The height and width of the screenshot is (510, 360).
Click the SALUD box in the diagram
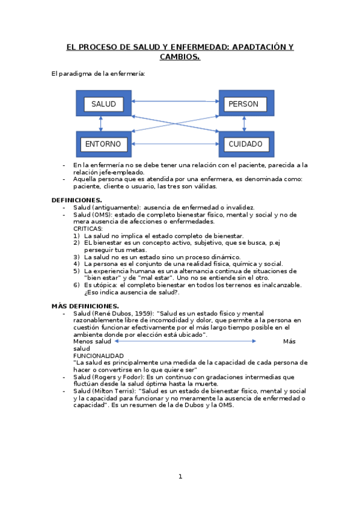103,104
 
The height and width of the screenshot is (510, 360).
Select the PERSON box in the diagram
243,104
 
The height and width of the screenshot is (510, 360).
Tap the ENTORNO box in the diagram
103,144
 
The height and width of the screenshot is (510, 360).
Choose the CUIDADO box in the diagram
245,144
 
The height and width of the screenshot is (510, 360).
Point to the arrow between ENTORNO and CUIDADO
174,144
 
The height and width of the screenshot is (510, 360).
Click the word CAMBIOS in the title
179,57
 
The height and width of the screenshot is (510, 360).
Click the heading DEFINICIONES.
76,200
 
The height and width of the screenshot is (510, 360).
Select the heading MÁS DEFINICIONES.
85,306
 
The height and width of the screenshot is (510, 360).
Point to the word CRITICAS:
88,229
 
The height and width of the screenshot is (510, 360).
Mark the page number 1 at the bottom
180,477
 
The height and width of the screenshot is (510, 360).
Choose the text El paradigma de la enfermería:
99,74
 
